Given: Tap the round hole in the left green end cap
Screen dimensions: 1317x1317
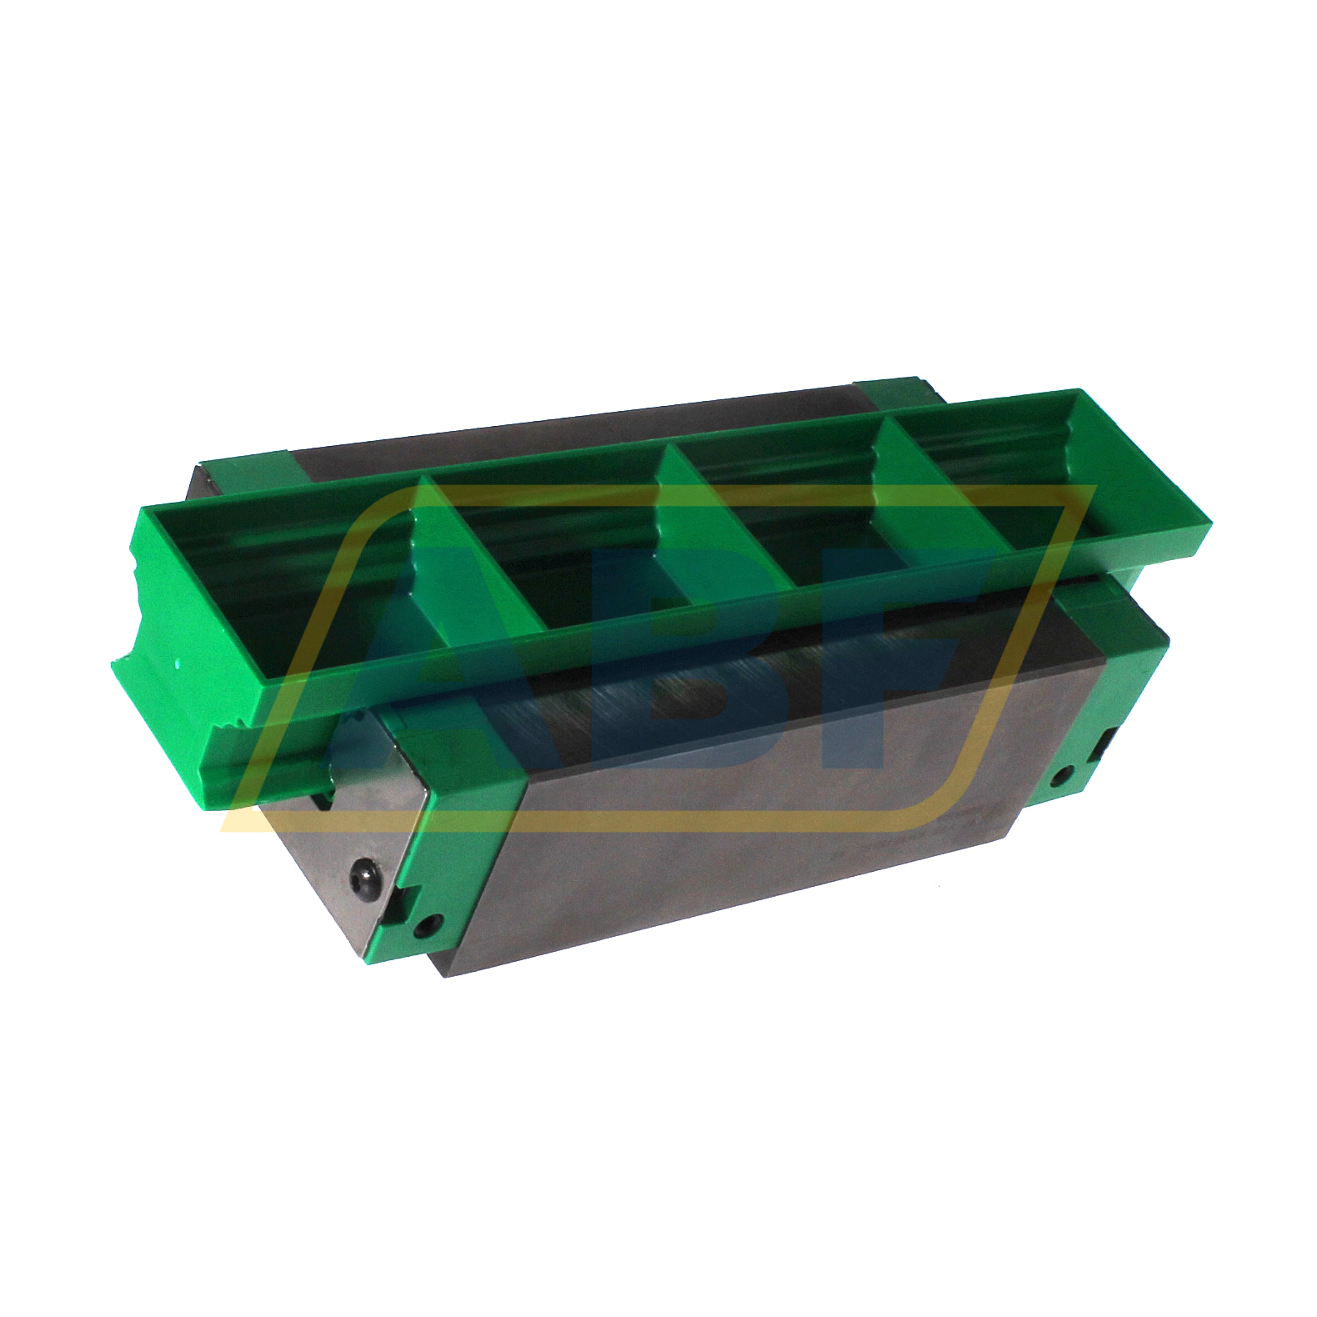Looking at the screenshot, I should tap(432, 924).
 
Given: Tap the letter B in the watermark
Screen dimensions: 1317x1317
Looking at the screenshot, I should tap(667, 658).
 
